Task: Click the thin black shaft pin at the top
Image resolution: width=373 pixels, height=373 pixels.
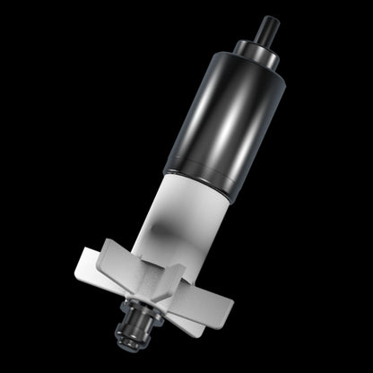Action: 267,28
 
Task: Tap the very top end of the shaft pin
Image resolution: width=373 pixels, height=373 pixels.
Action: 271,17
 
